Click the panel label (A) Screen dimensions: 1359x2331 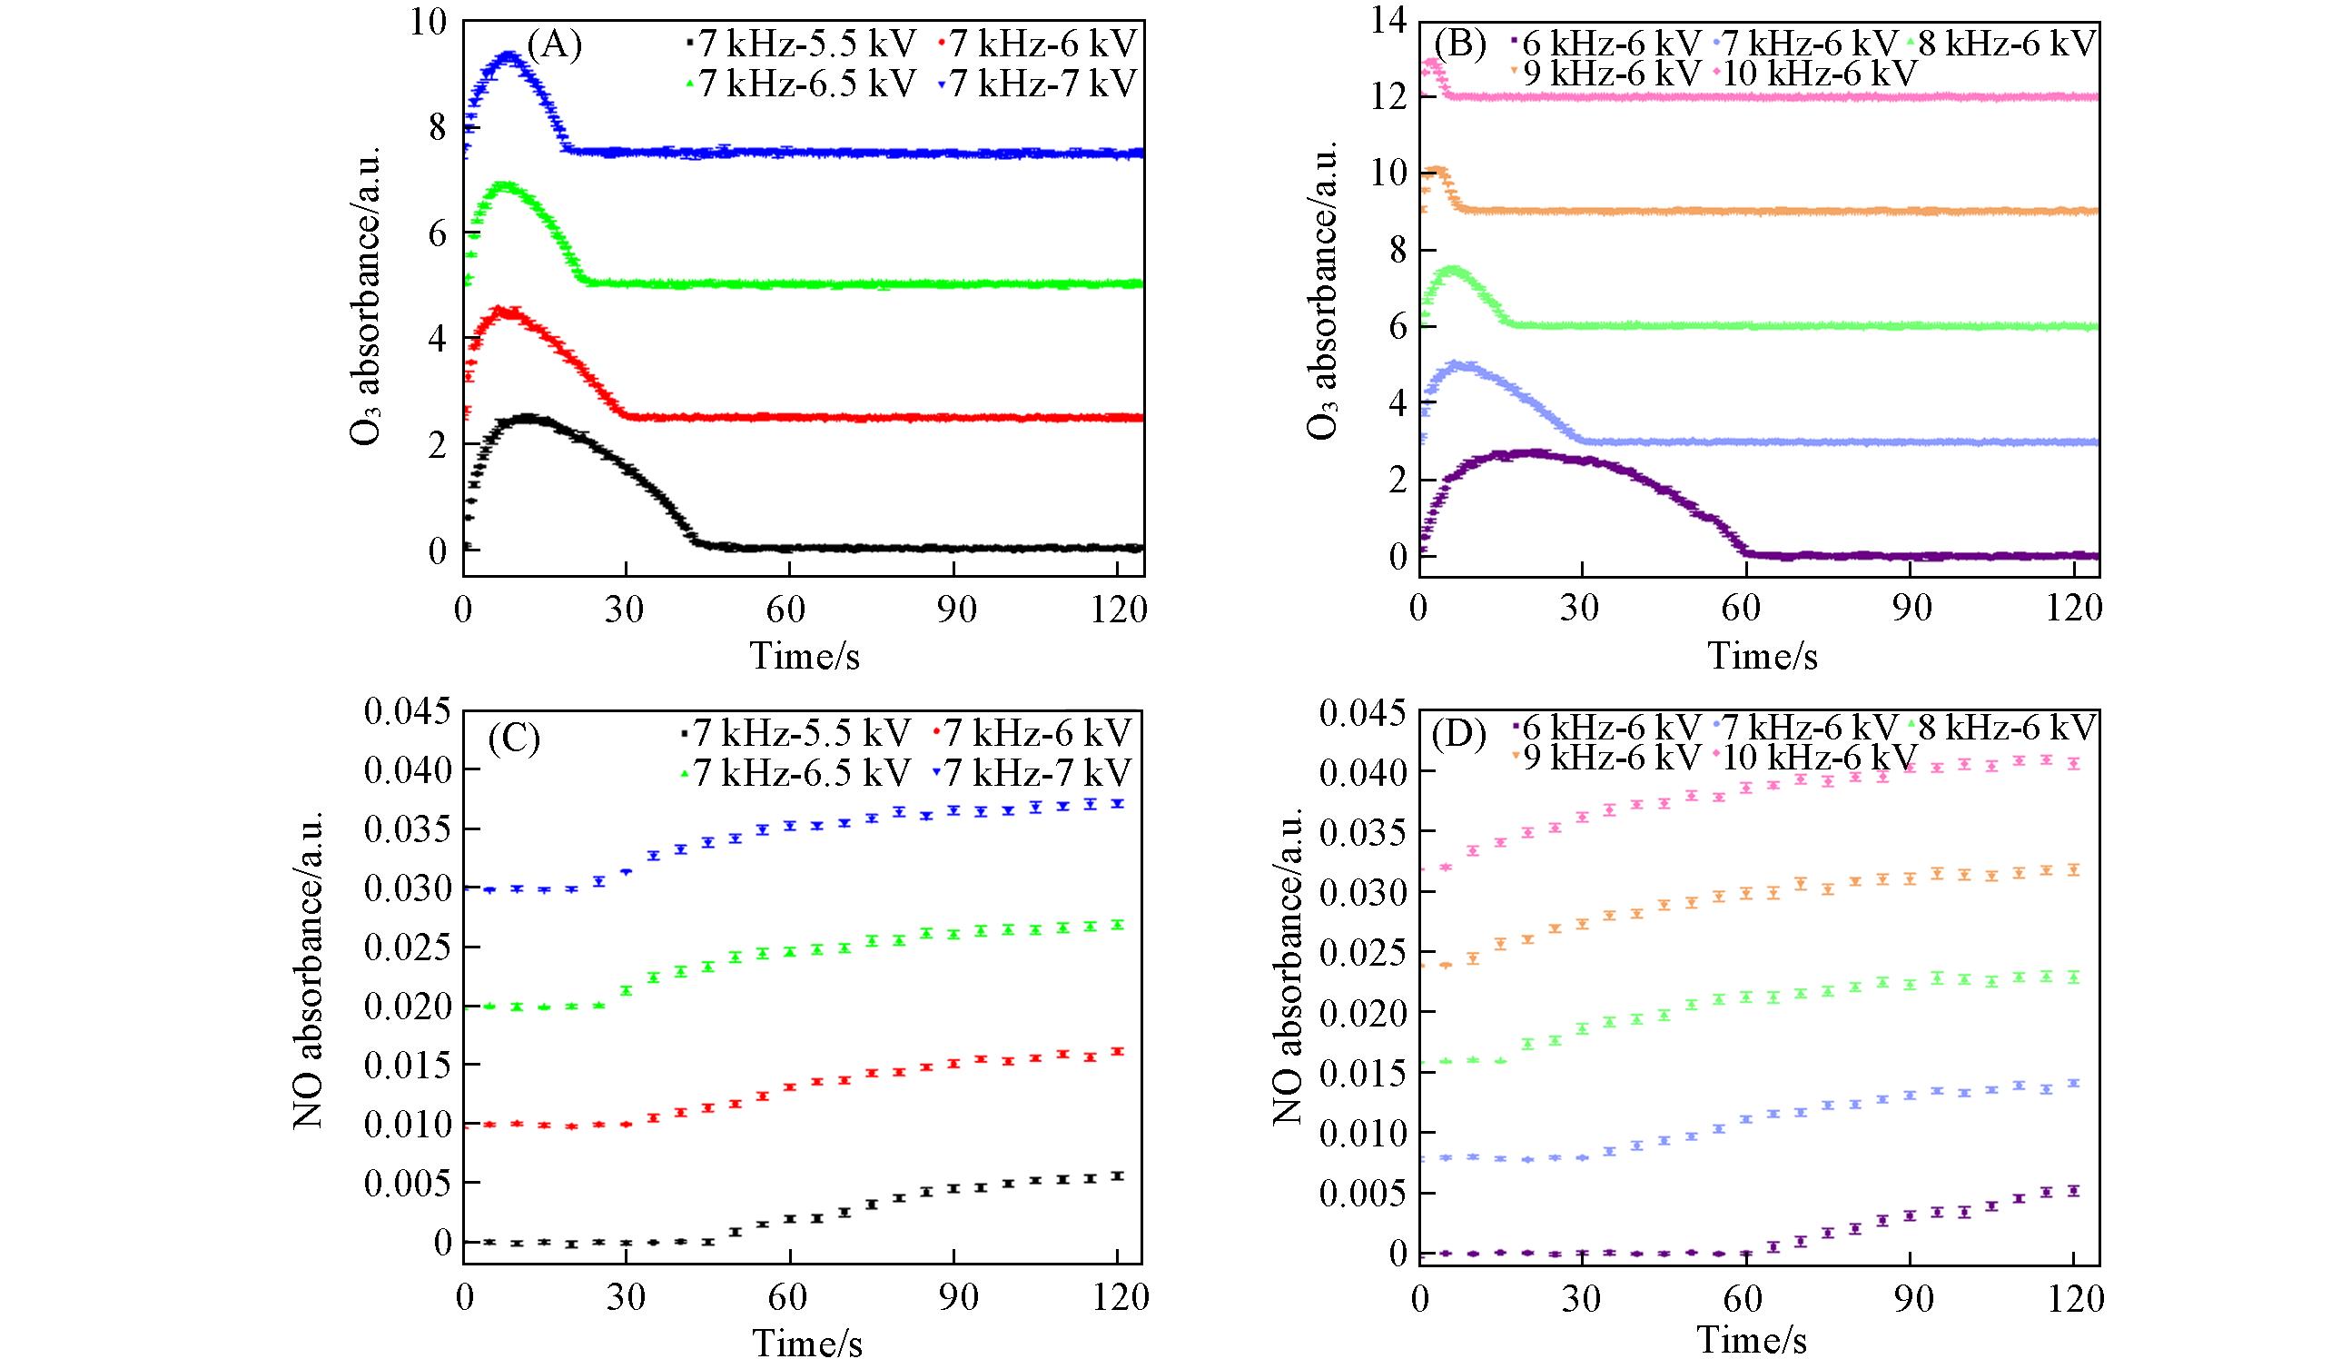tap(554, 44)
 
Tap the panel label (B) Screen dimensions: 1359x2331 tap(1458, 44)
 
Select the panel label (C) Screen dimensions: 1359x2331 tap(514, 739)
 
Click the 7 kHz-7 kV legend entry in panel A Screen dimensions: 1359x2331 tap(1038, 84)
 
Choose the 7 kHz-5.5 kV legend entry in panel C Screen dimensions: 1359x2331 tap(795, 733)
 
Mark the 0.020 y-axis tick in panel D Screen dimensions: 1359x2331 tap(1362, 1013)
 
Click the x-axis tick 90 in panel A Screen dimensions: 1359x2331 tap(956, 611)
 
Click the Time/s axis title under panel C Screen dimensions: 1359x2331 tap(805, 1342)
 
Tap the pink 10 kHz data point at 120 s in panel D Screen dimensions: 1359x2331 tap(2074, 763)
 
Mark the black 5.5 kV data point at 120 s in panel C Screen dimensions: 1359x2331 tap(1118, 1175)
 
